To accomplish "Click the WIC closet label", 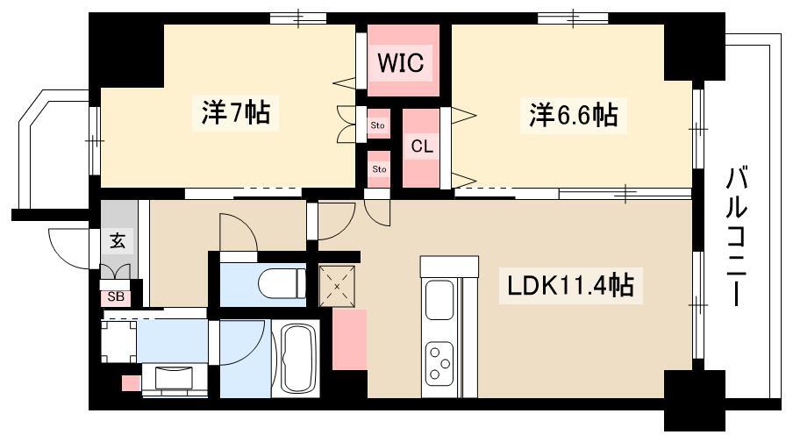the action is click(401, 63).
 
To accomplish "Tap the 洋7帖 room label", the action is click(235, 112).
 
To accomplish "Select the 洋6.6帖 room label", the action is click(573, 115).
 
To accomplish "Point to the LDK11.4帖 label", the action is click(570, 285).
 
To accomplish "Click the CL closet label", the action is click(422, 146).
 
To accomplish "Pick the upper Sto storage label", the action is click(378, 125).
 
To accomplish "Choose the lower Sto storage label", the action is click(379, 169).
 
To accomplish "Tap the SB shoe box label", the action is click(116, 296).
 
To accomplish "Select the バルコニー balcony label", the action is click(736, 237).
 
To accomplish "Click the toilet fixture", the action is click(282, 284).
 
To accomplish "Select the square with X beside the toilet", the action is click(338, 286).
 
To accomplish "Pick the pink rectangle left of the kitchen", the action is click(349, 339).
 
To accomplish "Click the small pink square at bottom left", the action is click(132, 383).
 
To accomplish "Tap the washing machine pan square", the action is click(118, 341).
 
